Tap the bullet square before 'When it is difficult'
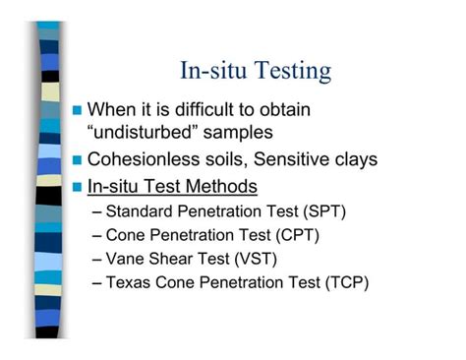78,109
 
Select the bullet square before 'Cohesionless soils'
78,159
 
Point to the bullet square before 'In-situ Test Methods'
78,185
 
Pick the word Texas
130,283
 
